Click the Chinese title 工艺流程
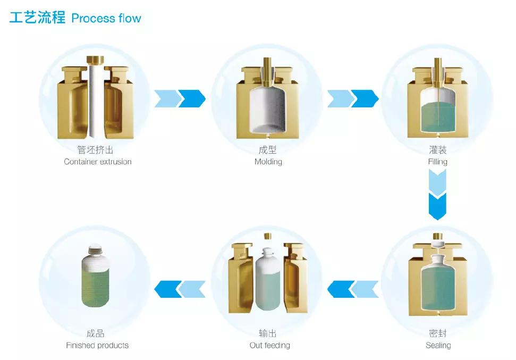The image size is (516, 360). coord(37,18)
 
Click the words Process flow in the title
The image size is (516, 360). coord(106,18)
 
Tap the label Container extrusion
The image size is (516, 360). coord(98,162)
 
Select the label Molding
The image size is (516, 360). coord(268,162)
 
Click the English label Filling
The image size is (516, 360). coord(438,162)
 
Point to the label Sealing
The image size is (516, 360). coord(438,346)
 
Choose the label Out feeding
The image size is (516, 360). coord(270,346)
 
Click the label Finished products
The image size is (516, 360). coord(97,346)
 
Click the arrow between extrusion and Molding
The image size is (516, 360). coord(180,98)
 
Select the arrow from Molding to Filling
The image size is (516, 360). coord(353,98)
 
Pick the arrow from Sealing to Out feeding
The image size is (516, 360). coord(353,289)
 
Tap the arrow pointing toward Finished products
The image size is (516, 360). coord(180,289)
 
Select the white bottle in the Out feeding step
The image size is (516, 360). coord(268,282)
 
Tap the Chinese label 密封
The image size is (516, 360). coord(438,334)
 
